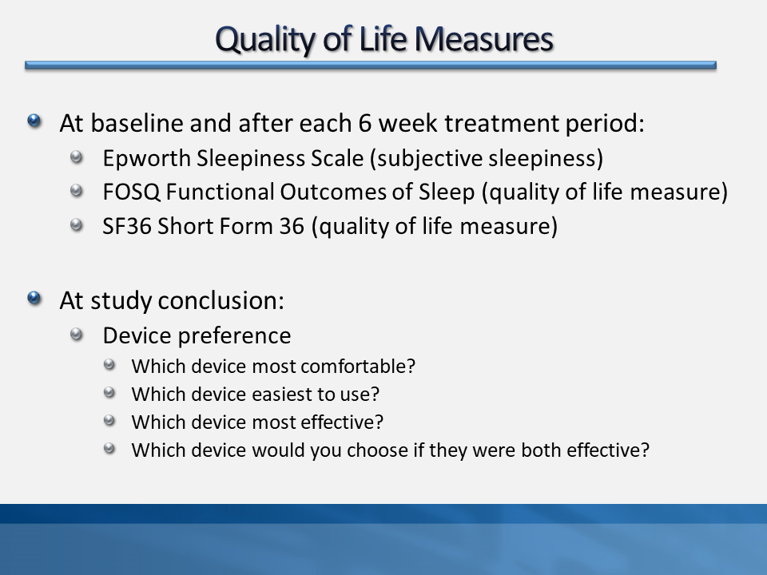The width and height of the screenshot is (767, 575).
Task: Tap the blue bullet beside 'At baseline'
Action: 34,121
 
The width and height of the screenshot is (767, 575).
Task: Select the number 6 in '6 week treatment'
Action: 365,123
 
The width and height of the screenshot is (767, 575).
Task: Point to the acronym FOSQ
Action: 131,192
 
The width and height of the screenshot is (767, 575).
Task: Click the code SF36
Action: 127,226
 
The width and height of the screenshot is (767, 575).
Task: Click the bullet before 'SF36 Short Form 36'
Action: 77,225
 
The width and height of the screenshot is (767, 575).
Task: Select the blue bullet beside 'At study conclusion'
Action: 34,298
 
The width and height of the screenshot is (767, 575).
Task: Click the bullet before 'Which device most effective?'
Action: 109,421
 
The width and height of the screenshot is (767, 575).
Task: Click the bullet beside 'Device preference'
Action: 77,335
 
